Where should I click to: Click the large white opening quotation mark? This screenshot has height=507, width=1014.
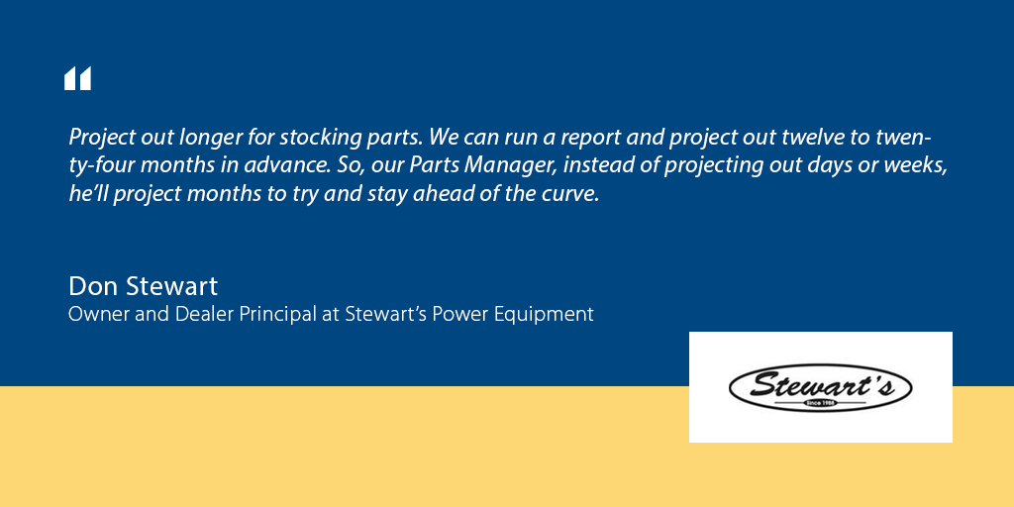coord(77,78)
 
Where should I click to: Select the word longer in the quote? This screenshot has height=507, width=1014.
coord(192,138)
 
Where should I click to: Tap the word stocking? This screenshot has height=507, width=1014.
coord(306,138)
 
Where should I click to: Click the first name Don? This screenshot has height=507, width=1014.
coord(88,286)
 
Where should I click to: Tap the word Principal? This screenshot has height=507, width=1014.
coord(277,315)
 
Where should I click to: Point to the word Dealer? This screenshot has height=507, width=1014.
coord(194,314)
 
